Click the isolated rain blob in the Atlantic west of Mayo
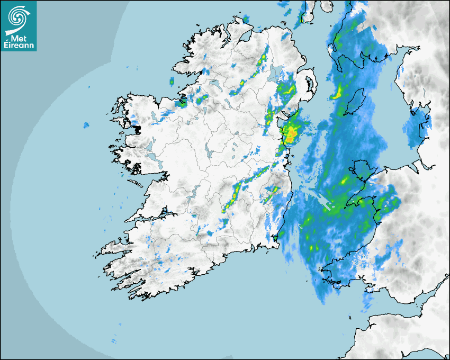click(x=86, y=125)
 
